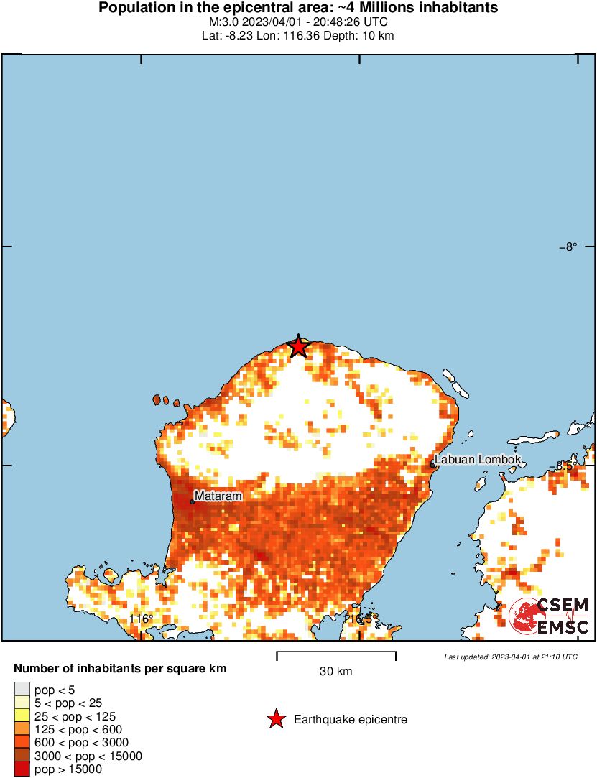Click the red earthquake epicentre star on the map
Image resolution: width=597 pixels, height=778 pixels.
pos(298,347)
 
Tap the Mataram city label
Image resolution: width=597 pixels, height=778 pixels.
pos(218,496)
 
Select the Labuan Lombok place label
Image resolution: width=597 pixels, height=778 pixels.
pos(477,460)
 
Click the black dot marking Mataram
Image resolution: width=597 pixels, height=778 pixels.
pos(192,501)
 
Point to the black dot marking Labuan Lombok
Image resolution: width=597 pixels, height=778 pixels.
pos(432,465)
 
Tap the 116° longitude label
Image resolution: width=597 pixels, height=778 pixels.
pos(142,619)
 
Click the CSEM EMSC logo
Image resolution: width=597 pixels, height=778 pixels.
pos(550,616)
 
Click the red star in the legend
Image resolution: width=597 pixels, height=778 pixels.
pos(275,719)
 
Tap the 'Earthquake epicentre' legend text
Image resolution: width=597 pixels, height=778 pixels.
pos(351,719)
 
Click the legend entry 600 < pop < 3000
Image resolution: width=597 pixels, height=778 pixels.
pos(79,743)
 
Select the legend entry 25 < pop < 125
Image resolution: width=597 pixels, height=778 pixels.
pos(75,716)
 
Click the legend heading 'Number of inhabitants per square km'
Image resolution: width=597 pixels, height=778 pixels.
pos(120,669)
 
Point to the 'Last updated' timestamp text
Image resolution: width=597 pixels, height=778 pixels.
pos(510,657)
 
